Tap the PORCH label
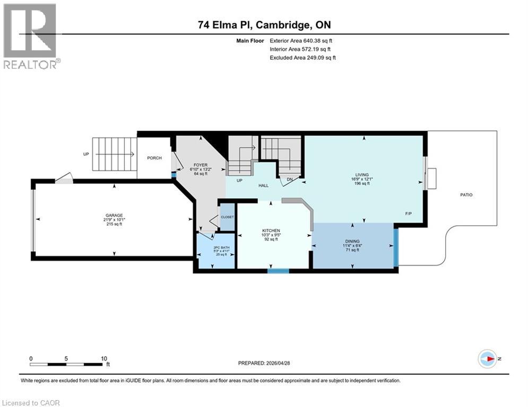[154, 158]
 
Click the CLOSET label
[228, 217]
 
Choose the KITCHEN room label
[270, 231]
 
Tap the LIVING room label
[362, 175]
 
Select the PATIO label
[466, 195]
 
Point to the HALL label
[263, 186]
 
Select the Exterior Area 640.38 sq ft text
[301, 40]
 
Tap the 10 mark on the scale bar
[103, 358]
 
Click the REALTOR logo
[30, 36]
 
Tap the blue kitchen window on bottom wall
[278, 271]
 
